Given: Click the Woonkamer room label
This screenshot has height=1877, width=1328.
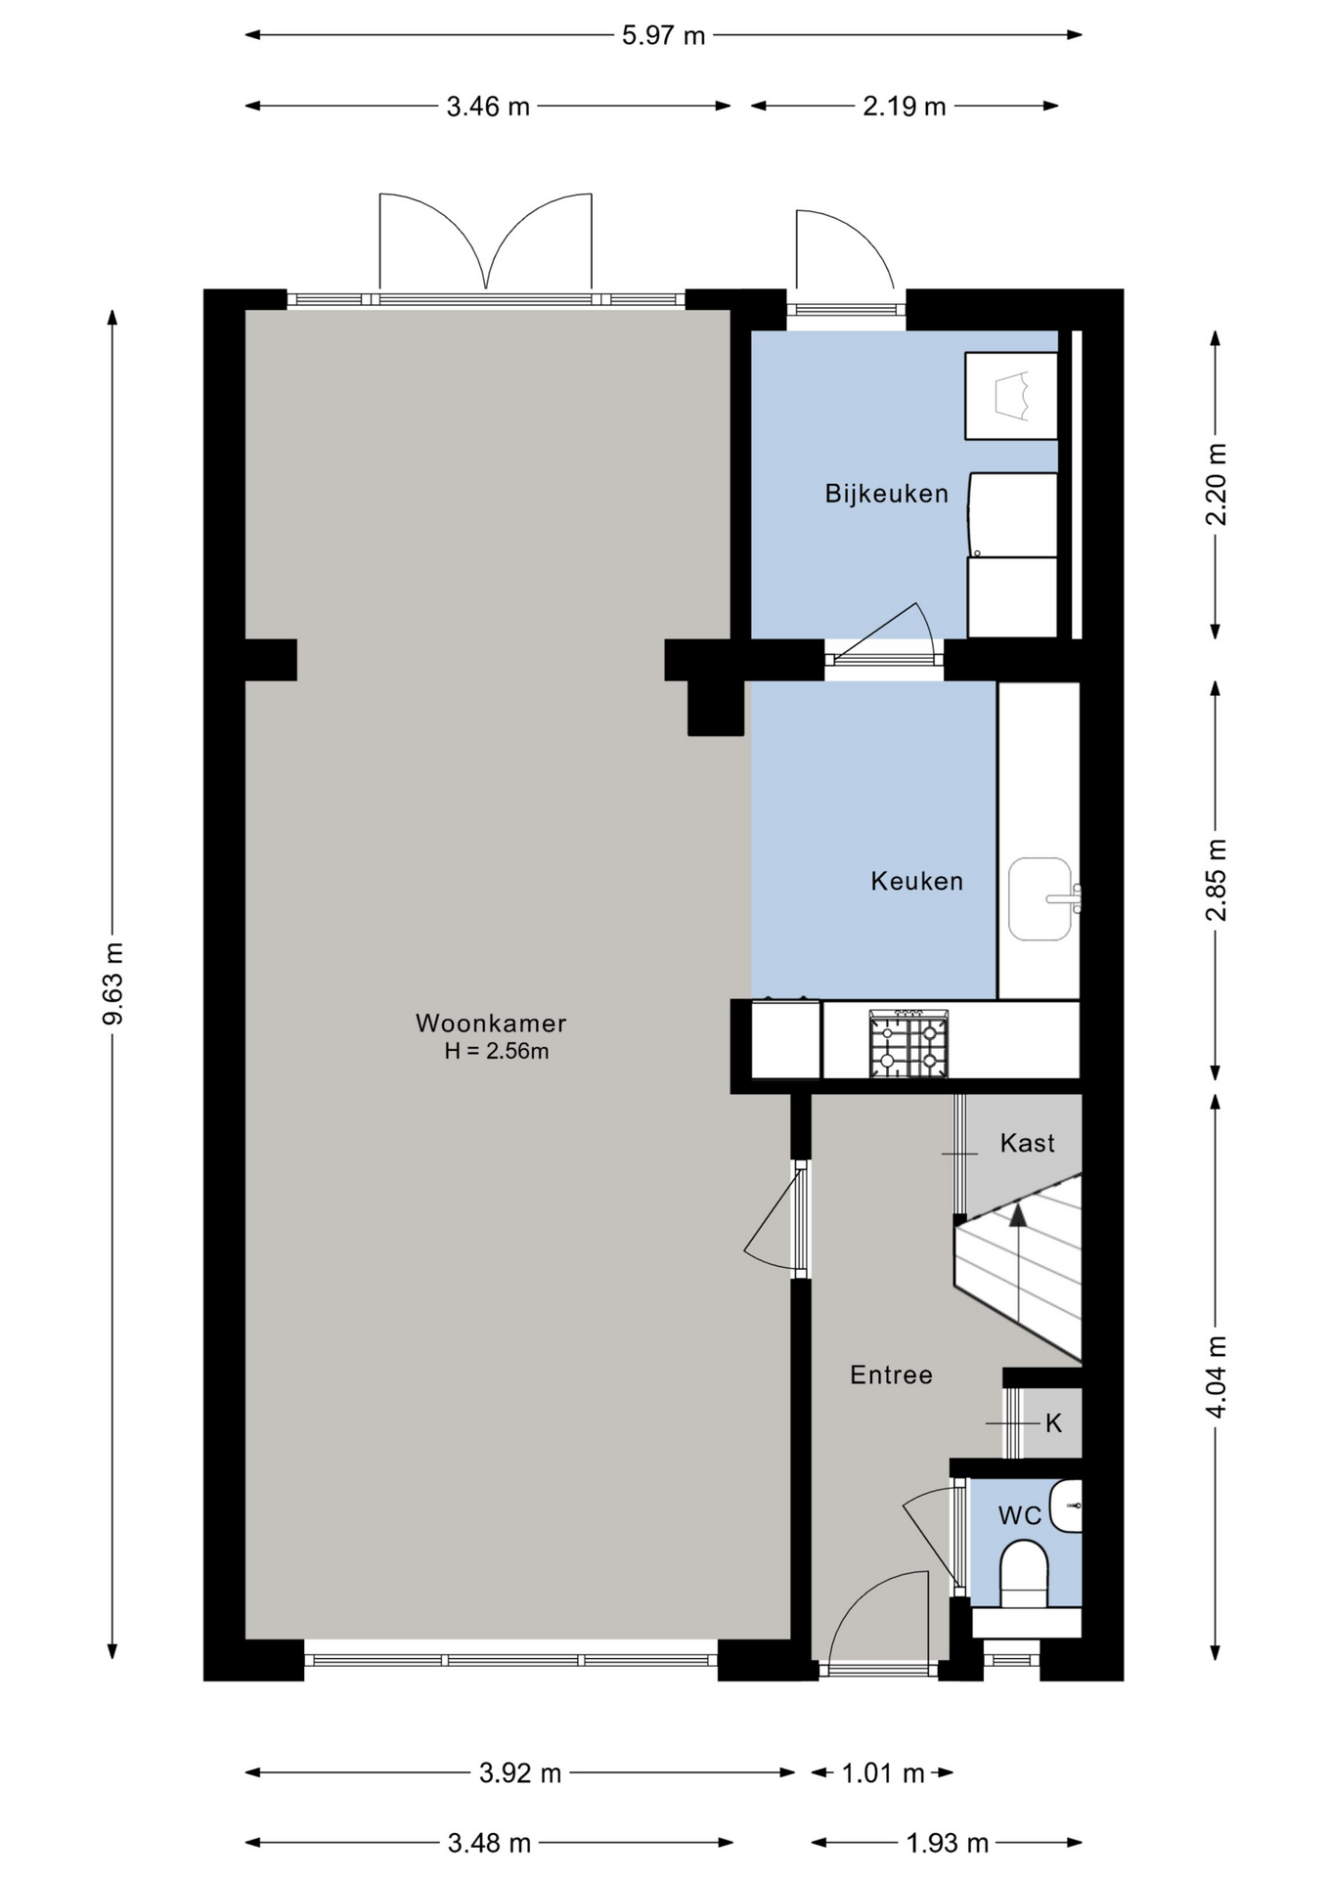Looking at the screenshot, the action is pyautogui.click(x=491, y=1023).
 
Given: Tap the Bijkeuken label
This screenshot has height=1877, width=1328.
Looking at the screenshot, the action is pyautogui.click(x=886, y=494).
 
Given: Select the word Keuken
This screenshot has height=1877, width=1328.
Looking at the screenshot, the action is pyautogui.click(x=916, y=881).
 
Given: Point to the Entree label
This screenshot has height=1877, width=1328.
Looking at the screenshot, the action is pyautogui.click(x=891, y=1375).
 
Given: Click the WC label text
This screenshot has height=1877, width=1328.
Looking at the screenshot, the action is pyautogui.click(x=1019, y=1515).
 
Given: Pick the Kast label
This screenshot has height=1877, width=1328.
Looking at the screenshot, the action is pyautogui.click(x=1027, y=1143).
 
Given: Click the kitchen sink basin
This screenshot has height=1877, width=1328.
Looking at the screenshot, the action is pyautogui.click(x=1040, y=899).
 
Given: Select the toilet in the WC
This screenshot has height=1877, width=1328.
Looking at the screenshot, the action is pyautogui.click(x=1024, y=1575).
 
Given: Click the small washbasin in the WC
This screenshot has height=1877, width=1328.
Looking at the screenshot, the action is pyautogui.click(x=1066, y=1506).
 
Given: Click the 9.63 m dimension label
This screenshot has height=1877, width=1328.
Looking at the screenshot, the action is pyautogui.click(x=113, y=984).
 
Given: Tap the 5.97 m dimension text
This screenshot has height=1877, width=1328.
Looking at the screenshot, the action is pyautogui.click(x=663, y=36).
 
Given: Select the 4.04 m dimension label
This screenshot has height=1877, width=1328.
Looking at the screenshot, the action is pyautogui.click(x=1216, y=1376).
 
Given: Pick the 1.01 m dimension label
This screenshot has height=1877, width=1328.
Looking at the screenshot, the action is pyautogui.click(x=882, y=1772).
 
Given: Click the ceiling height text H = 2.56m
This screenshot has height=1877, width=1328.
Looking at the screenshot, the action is pyautogui.click(x=496, y=1052).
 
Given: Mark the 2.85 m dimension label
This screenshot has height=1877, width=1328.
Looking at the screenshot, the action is pyautogui.click(x=1216, y=880).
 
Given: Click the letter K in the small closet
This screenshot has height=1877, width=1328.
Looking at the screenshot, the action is pyautogui.click(x=1053, y=1422).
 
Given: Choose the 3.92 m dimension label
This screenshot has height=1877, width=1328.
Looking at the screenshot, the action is pyautogui.click(x=520, y=1772).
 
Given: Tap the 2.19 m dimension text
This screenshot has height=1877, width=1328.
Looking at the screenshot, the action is pyautogui.click(x=905, y=107).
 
